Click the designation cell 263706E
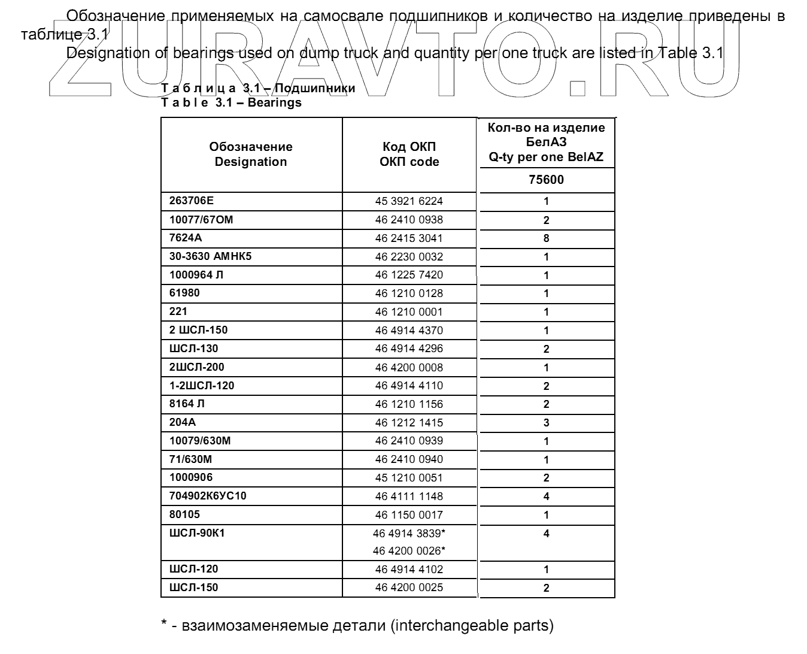pos(191,201)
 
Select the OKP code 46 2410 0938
pos(409,220)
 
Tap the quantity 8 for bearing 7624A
pos(546,238)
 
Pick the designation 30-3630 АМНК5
pos(206,256)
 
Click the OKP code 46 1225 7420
pos(409,275)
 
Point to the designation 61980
pos(184,293)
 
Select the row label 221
pos(178,311)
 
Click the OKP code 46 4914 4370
pos(409,330)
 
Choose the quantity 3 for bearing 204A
pos(546,423)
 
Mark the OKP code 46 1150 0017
pos(409,514)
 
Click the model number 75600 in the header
pos(546,180)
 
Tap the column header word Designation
pos(251,162)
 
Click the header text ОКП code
pos(409,162)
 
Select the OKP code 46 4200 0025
pos(409,588)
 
